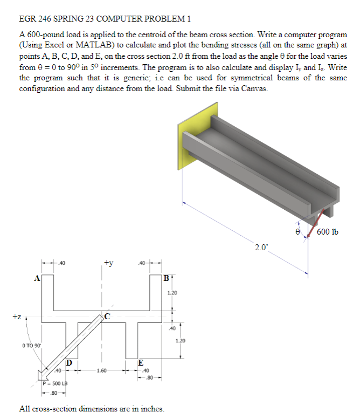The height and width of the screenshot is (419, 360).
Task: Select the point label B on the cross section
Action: pyautogui.click(x=167, y=279)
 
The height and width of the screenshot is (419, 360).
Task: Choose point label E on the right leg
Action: pyautogui.click(x=140, y=362)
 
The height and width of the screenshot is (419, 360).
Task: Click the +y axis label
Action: pyautogui.click(x=108, y=263)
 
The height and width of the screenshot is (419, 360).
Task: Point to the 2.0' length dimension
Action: pyautogui.click(x=261, y=248)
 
